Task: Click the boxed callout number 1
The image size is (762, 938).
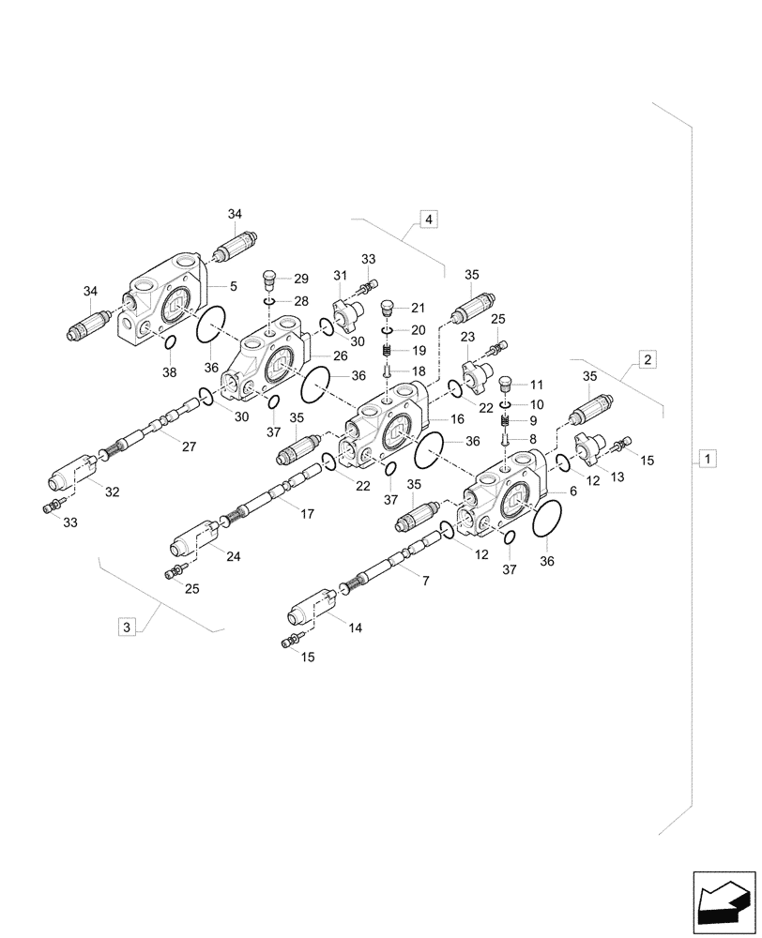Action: coord(707,459)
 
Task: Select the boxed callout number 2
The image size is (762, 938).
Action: coord(647,358)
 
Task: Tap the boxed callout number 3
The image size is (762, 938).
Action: coord(129,626)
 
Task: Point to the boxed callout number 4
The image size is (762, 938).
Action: coord(428,219)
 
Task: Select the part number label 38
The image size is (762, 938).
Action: coord(168,372)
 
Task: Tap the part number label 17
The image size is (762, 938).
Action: coord(306,513)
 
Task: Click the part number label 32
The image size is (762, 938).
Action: coord(112,492)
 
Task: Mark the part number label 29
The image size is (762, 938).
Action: coord(300,279)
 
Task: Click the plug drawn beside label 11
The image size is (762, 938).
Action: coord(506,384)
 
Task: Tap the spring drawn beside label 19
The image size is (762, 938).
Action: coord(386,351)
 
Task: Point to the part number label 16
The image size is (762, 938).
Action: coord(458,420)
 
